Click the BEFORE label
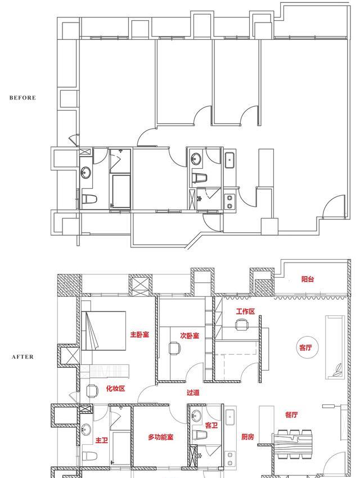click(22, 98)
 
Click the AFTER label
click(23, 357)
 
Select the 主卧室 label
click(139, 335)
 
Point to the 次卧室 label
click(190, 336)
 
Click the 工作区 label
click(245, 312)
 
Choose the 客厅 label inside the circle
click(305, 347)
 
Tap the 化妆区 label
click(115, 389)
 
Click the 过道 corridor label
click(193, 393)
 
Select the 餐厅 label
click(291, 414)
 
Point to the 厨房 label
click(247, 437)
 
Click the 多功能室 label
click(161, 437)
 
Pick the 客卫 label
click(211, 425)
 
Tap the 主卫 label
click(101, 440)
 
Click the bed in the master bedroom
click(103, 331)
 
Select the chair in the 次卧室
click(174, 349)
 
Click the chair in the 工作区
click(241, 324)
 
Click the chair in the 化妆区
click(92, 391)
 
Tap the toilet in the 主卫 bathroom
click(89, 456)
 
